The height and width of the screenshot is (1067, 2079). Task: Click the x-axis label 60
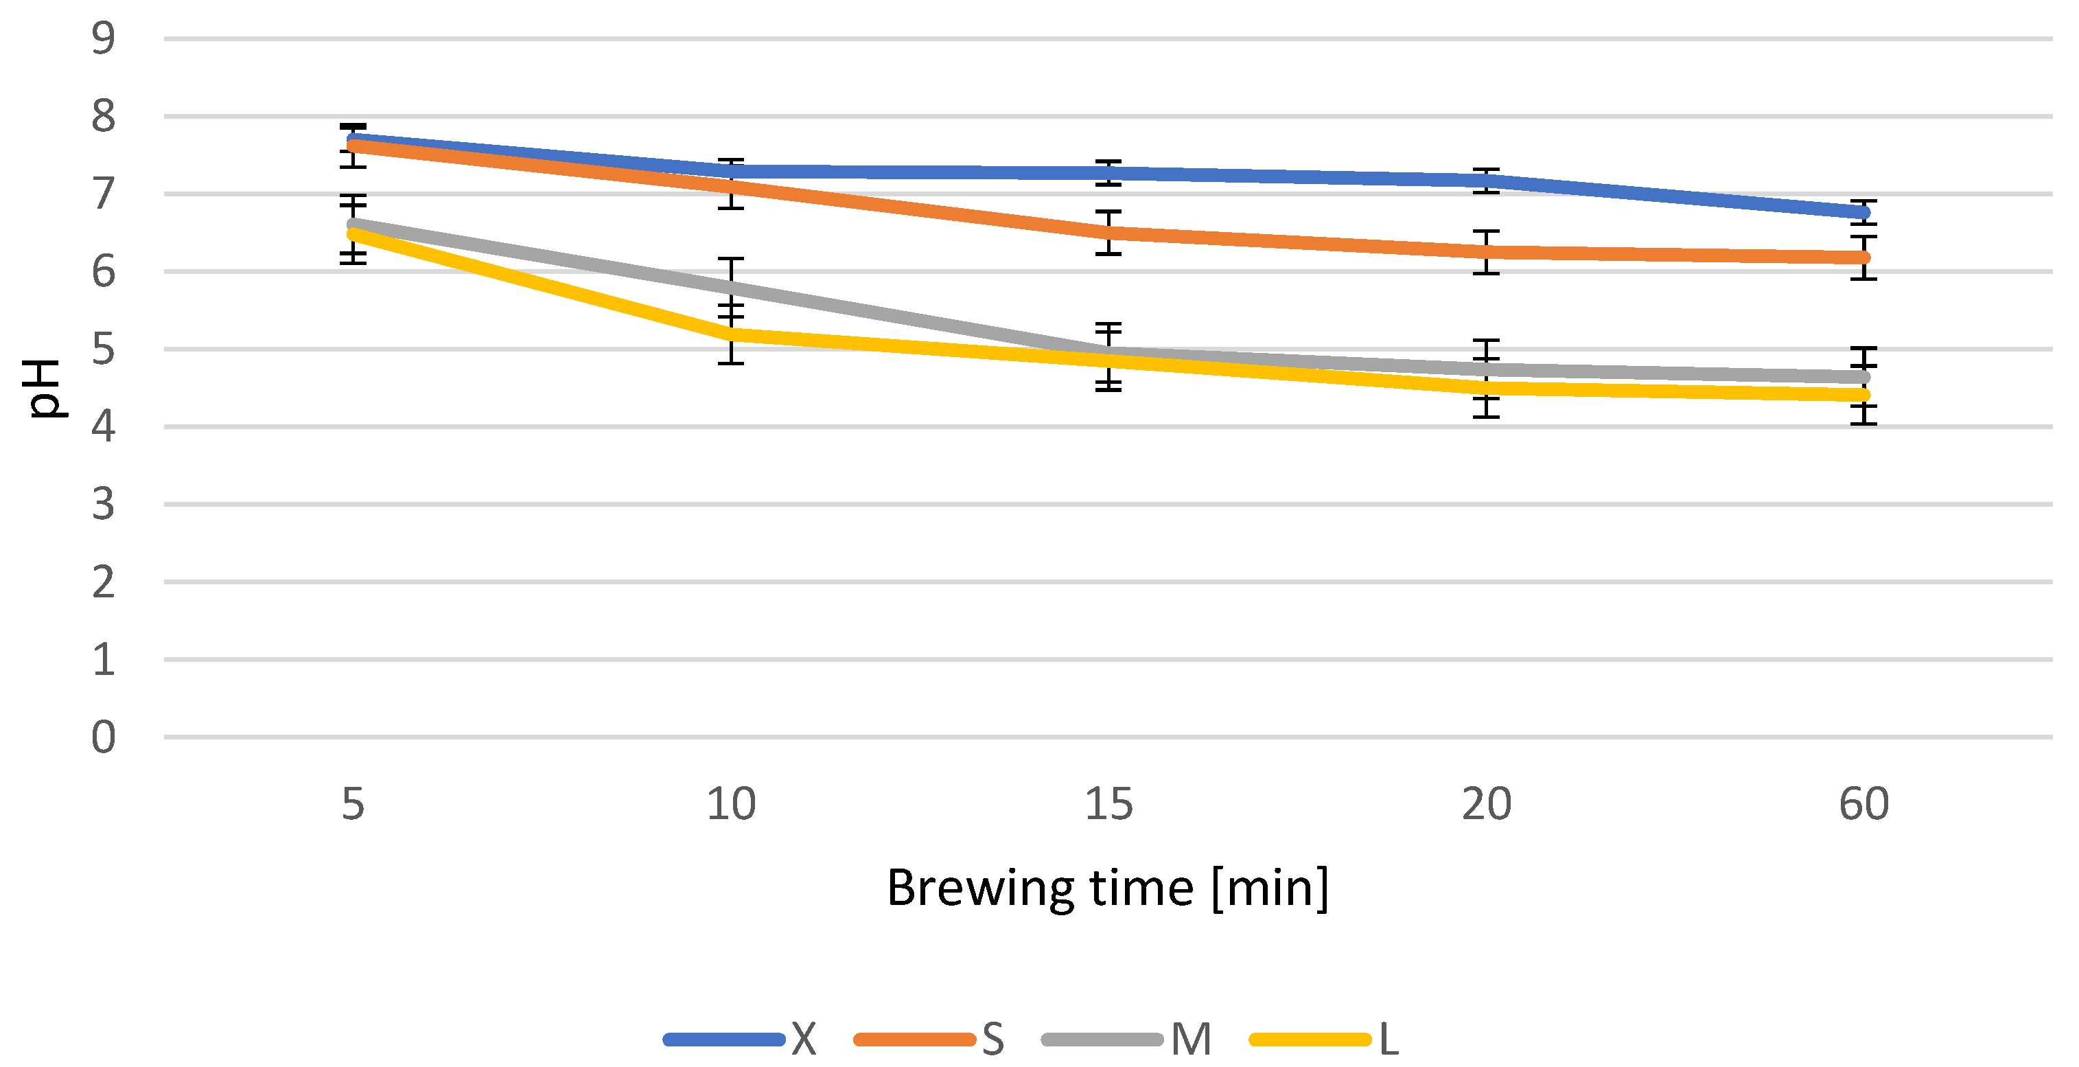[1863, 804]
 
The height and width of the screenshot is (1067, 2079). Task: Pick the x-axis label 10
[730, 804]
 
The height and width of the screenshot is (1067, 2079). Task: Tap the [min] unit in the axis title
[1270, 888]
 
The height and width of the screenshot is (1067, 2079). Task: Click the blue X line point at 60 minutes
[1863, 212]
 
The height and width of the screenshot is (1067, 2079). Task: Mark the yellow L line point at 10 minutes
[730, 333]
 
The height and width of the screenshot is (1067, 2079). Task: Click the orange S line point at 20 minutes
[1486, 252]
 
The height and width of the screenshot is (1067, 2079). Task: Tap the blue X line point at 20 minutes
[1486, 180]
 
